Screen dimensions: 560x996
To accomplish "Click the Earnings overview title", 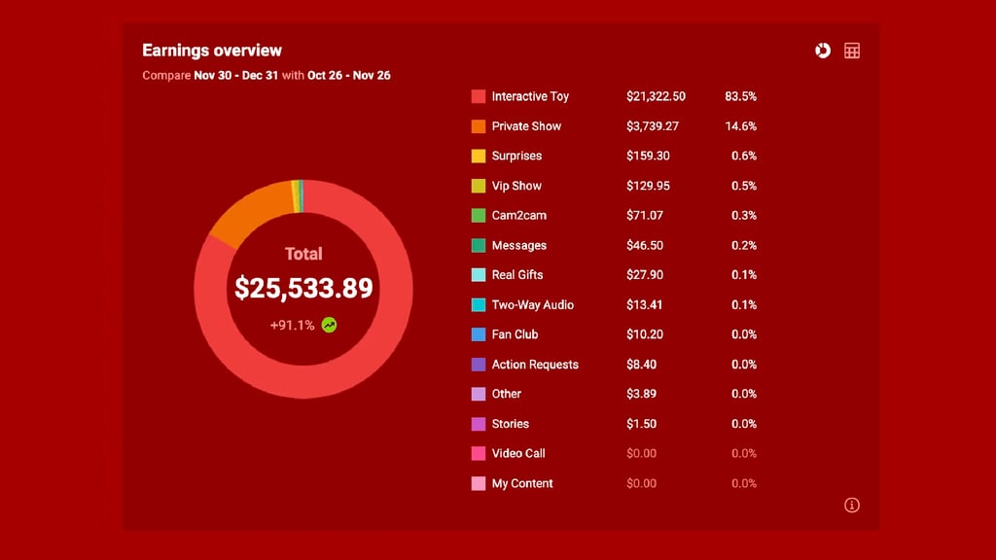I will click(x=212, y=51).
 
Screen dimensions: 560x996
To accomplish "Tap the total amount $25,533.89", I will click(x=303, y=288).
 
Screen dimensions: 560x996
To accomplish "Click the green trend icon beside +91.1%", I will click(x=330, y=325).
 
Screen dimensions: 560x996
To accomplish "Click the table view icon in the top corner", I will click(x=852, y=51).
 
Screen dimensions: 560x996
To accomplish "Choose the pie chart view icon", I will click(x=823, y=51).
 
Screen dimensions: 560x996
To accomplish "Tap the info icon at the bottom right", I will click(x=852, y=505).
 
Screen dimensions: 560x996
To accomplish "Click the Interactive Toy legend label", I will click(x=530, y=96).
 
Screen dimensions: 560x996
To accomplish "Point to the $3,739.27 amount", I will click(x=653, y=126).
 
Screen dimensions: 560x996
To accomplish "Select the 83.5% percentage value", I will click(x=740, y=96).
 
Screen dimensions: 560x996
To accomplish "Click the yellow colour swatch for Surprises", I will click(x=479, y=156).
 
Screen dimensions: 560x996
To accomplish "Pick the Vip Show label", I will click(x=516, y=186).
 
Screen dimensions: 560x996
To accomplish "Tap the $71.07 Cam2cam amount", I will click(x=645, y=215).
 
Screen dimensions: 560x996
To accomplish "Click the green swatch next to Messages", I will click(x=479, y=245).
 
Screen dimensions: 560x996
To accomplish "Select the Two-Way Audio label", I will click(x=533, y=304).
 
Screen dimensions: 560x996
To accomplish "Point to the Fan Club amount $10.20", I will click(x=645, y=334).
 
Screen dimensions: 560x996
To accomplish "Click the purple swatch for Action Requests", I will click(x=479, y=365).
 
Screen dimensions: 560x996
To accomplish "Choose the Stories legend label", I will click(x=511, y=424).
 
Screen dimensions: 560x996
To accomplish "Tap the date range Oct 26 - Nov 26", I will click(x=349, y=75).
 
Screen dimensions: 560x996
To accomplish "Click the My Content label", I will click(x=522, y=483).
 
